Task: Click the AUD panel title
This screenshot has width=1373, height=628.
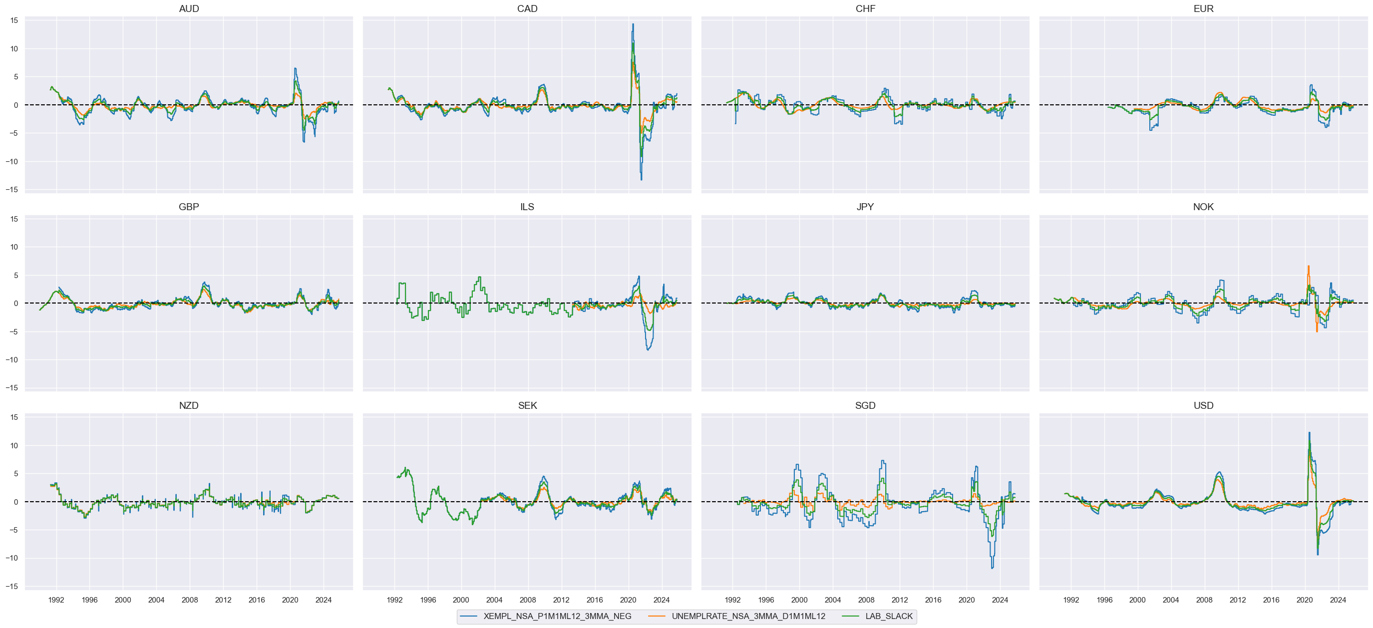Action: pos(189,8)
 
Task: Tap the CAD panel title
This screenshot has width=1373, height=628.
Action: pos(527,8)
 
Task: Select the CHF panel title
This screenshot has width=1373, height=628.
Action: pos(865,8)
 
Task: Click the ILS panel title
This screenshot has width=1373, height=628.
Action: pos(527,207)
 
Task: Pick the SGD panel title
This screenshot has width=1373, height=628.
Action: pos(865,406)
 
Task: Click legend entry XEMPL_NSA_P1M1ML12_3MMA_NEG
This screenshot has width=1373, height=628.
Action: pos(557,617)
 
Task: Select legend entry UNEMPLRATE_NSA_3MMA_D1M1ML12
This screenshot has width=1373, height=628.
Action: pos(748,617)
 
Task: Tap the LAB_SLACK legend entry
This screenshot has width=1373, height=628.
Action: pos(889,617)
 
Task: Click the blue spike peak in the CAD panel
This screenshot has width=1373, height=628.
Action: pos(633,24)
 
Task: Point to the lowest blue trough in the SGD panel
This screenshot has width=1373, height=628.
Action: pos(992,568)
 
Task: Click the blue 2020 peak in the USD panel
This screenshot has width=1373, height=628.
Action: pos(1309,432)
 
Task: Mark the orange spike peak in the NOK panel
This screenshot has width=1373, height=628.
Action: pos(1308,266)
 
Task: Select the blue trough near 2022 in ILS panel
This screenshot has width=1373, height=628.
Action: pos(648,350)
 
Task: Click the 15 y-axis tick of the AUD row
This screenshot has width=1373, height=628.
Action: pos(14,20)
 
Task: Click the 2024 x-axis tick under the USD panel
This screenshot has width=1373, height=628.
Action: pos(1338,600)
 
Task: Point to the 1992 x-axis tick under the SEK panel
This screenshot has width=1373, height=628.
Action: pos(394,600)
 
